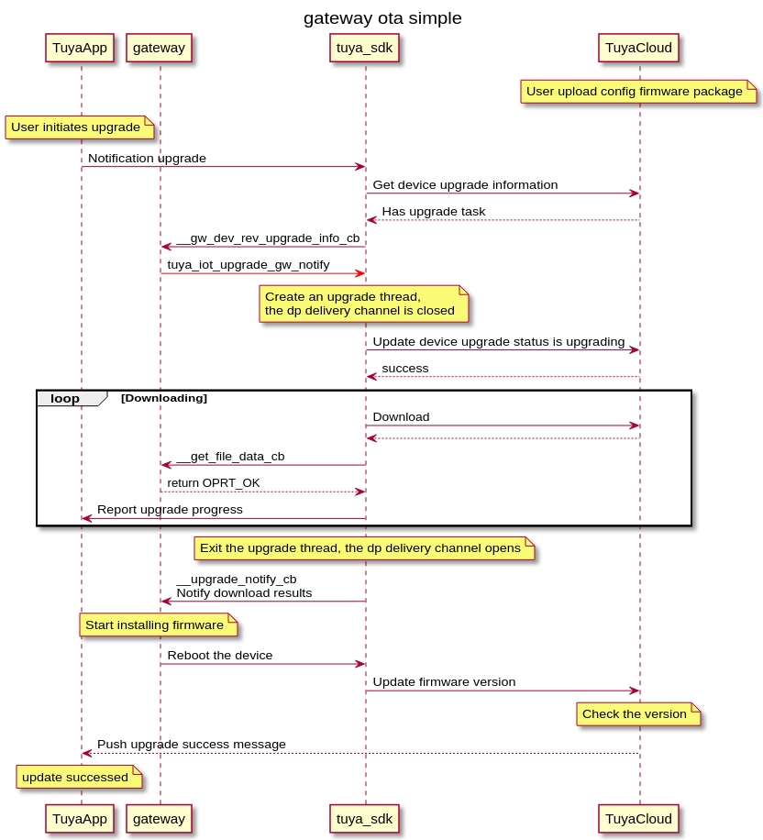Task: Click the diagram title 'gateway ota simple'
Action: click(382, 18)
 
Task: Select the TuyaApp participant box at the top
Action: click(80, 48)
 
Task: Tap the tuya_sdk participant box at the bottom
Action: click(365, 818)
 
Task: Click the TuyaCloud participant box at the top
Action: click(639, 48)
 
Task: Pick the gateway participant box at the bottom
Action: click(160, 818)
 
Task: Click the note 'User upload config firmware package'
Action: click(638, 92)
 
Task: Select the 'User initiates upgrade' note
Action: click(78, 127)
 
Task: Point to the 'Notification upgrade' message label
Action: click(147, 159)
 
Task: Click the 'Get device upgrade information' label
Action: click(465, 185)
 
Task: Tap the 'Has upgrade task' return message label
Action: click(434, 212)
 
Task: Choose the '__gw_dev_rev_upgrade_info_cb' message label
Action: click(268, 238)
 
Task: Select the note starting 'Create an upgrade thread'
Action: click(364, 304)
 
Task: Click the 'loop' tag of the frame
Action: click(65, 399)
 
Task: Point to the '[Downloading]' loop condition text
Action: click(164, 398)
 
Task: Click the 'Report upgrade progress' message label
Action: click(170, 510)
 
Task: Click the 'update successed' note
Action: click(78, 778)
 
